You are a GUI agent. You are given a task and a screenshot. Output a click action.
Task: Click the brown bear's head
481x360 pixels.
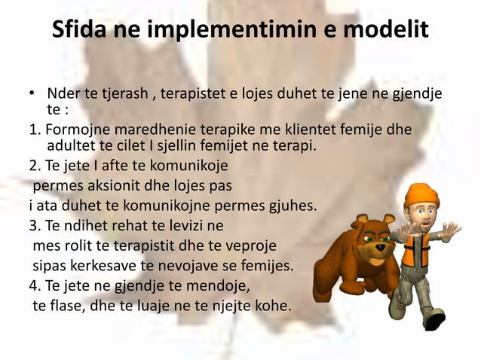point(372,233)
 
